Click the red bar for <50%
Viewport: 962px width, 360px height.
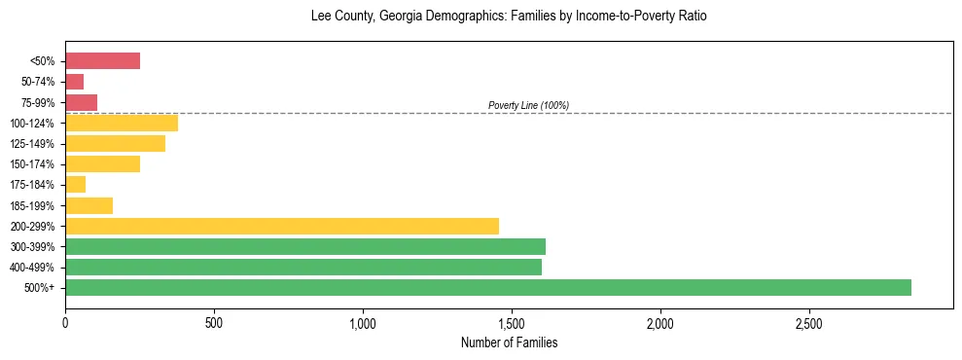click(102, 61)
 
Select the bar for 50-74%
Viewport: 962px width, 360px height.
click(74, 82)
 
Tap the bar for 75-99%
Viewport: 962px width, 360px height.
click(81, 102)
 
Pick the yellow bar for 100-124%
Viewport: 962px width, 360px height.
click(122, 123)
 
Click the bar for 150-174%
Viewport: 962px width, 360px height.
click(102, 164)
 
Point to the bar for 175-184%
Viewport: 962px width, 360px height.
click(75, 185)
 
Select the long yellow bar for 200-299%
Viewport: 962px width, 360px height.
click(282, 226)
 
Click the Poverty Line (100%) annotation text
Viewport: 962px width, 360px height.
click(528, 105)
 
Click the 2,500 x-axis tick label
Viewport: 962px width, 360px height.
click(808, 322)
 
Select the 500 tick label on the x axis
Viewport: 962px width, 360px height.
click(214, 322)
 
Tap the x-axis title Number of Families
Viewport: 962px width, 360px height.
click(509, 342)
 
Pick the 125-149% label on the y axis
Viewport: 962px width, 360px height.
click(34, 144)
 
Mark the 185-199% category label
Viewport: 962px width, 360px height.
click(34, 205)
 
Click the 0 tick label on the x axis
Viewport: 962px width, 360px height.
click(65, 322)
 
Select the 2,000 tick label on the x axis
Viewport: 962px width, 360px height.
click(659, 322)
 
